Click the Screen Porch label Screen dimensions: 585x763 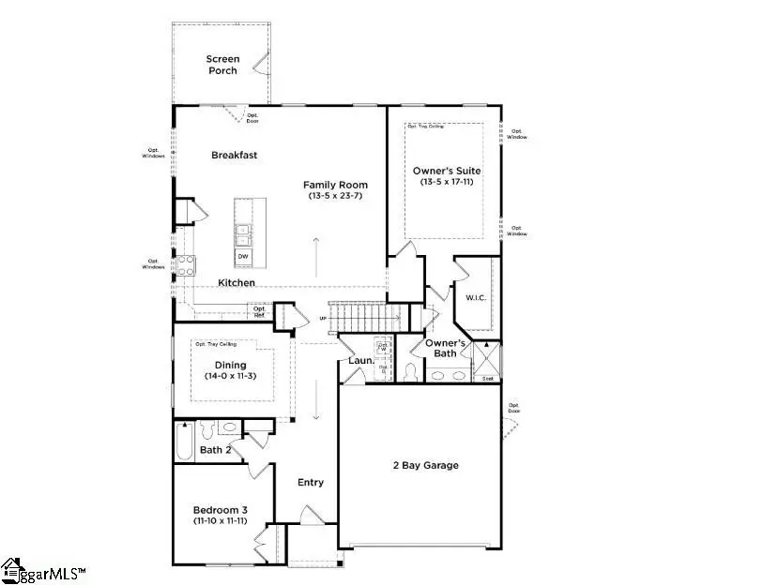click(223, 65)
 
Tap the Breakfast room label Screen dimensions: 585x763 click(234, 156)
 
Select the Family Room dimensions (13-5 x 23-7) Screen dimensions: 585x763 click(335, 196)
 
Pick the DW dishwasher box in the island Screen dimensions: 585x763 click(243, 256)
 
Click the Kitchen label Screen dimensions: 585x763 click(237, 282)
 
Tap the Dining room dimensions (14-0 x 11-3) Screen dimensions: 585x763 click(231, 376)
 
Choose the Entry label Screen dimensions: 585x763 click(311, 483)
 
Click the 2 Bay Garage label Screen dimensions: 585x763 click(425, 465)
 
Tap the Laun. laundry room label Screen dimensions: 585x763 click(361, 360)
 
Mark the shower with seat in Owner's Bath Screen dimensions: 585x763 click(488, 362)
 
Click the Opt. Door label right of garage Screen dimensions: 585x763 click(513, 409)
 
